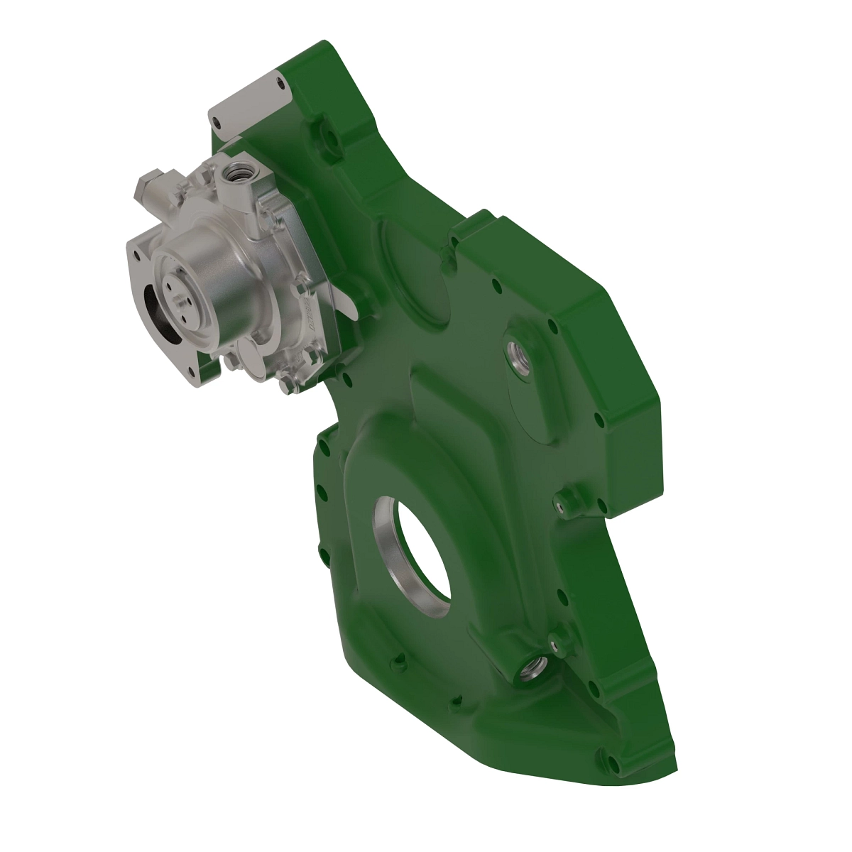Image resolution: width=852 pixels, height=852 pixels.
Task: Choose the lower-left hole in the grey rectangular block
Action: tap(217, 122)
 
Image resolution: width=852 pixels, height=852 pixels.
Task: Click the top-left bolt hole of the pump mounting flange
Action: tap(133, 249)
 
